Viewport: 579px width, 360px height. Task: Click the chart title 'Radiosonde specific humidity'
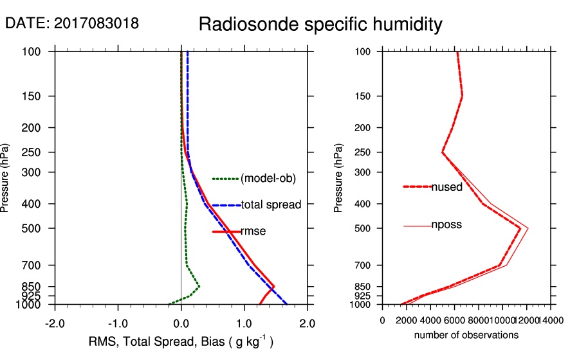click(320, 24)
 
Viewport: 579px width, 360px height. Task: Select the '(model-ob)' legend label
click(268, 179)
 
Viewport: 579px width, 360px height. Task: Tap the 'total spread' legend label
click(271, 205)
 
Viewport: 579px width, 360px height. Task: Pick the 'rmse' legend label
click(253, 231)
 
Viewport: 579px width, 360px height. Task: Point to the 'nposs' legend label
click(446, 225)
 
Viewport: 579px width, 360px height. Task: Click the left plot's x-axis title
click(181, 342)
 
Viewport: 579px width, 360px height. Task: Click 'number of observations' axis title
click(466, 335)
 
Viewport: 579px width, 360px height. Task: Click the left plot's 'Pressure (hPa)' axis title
click(6, 177)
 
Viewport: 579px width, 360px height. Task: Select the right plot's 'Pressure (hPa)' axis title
click(340, 177)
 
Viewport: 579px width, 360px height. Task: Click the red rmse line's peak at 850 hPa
click(275, 286)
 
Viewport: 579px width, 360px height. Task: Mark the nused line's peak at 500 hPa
click(520, 228)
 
